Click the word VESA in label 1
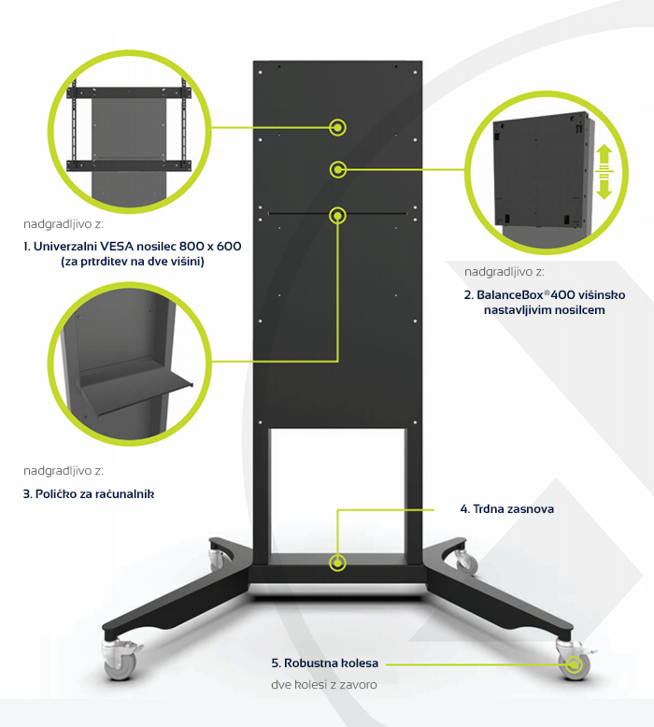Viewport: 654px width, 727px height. tap(117, 246)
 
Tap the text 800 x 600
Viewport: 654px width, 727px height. tap(210, 246)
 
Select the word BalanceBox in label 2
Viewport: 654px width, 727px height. tap(510, 295)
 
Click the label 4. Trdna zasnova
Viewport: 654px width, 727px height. tap(507, 509)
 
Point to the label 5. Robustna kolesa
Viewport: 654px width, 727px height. tap(325, 663)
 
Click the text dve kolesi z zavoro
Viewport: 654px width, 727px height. tap(324, 685)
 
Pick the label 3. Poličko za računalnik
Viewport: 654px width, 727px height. tap(89, 494)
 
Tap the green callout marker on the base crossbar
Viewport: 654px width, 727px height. tap(338, 563)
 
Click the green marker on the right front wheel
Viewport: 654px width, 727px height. tap(575, 665)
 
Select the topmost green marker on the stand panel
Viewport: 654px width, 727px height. tap(338, 127)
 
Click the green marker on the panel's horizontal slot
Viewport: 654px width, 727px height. tap(338, 216)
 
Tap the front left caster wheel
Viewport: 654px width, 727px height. tap(119, 662)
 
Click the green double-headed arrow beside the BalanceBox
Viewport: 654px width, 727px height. tap(604, 172)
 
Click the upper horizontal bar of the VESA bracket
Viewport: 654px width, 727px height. tap(129, 93)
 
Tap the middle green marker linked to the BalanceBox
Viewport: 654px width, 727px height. tap(338, 170)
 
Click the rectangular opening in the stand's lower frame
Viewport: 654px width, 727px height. tap(337, 491)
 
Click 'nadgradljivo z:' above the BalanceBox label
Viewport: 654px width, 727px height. tap(505, 272)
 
